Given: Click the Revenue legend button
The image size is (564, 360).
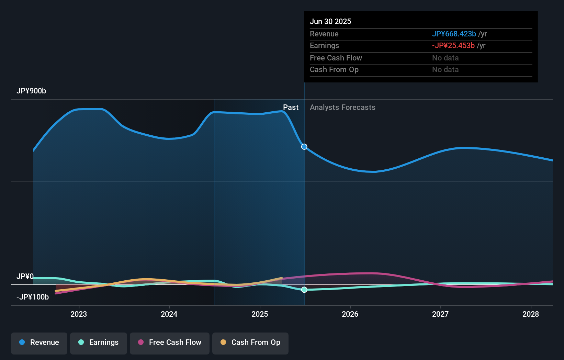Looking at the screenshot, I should pyautogui.click(x=39, y=342).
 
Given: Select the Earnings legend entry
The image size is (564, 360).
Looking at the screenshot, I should pyautogui.click(x=99, y=342).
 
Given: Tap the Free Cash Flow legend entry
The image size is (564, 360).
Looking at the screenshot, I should pyautogui.click(x=170, y=342).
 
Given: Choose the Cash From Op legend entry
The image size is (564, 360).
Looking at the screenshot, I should pyautogui.click(x=250, y=342).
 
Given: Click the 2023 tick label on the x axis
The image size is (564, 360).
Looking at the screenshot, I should pyautogui.click(x=79, y=314).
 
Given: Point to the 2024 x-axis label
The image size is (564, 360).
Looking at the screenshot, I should pyautogui.click(x=169, y=314).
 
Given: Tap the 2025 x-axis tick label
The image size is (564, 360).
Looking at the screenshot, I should pyautogui.click(x=260, y=314).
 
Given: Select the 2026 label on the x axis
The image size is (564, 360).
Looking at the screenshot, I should pyautogui.click(x=350, y=314).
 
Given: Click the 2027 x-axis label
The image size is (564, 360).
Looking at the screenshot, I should pyautogui.click(x=440, y=314).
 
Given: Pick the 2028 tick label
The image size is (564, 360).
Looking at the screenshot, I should pyautogui.click(x=531, y=314).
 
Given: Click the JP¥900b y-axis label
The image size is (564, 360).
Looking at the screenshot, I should pyautogui.click(x=31, y=91).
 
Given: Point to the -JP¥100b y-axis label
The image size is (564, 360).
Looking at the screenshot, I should pyautogui.click(x=33, y=297).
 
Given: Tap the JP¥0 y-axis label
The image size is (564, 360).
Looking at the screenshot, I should pyautogui.click(x=25, y=277).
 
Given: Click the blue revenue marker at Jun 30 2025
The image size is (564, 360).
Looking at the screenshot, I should pyautogui.click(x=304, y=147).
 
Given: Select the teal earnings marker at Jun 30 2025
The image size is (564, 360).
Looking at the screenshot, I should pyautogui.click(x=304, y=290).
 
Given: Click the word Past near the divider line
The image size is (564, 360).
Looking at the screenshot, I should pyautogui.click(x=291, y=108).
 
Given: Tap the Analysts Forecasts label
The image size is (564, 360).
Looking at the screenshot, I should pyautogui.click(x=342, y=108).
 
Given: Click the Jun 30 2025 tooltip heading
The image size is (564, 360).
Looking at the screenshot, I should pyautogui.click(x=330, y=22).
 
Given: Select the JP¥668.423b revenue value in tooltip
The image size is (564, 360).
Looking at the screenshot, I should pyautogui.click(x=454, y=34).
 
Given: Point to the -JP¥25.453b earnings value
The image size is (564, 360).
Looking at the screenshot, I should pyautogui.click(x=453, y=46).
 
